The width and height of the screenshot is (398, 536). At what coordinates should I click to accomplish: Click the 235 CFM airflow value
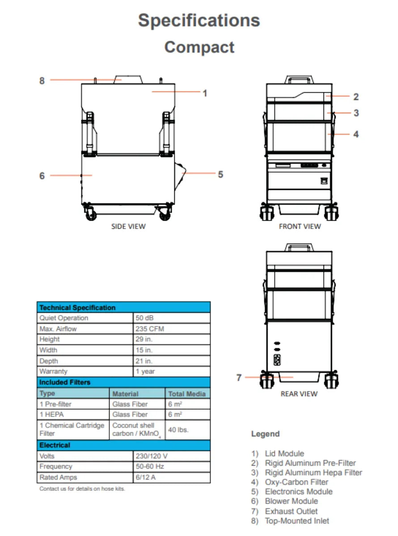pos(149,329)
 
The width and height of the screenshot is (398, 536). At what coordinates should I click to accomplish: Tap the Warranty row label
pos(53,371)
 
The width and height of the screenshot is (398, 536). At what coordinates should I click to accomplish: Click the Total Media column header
pos(187,394)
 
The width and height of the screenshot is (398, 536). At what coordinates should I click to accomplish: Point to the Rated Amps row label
pos(58,477)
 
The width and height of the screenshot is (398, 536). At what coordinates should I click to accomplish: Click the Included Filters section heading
pos(64,382)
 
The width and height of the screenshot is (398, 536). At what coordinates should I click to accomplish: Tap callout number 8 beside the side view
pos(42,81)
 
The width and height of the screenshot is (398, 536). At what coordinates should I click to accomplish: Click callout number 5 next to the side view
pos(220,174)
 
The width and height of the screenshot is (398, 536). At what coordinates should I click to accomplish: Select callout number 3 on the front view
pos(356,113)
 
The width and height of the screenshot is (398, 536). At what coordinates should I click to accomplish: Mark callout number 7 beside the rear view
pos(239,377)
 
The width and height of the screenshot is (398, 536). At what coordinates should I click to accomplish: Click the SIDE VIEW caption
pos(128,226)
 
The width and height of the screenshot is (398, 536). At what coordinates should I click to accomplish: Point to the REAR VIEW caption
pos(299,394)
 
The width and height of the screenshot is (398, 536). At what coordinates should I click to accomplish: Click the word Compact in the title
pos(199,47)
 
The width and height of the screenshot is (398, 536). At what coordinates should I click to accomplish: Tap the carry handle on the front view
pos(299,80)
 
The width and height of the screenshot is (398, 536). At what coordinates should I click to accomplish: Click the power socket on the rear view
pos(277,360)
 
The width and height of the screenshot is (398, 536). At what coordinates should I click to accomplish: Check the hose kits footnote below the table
pos(82,489)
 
